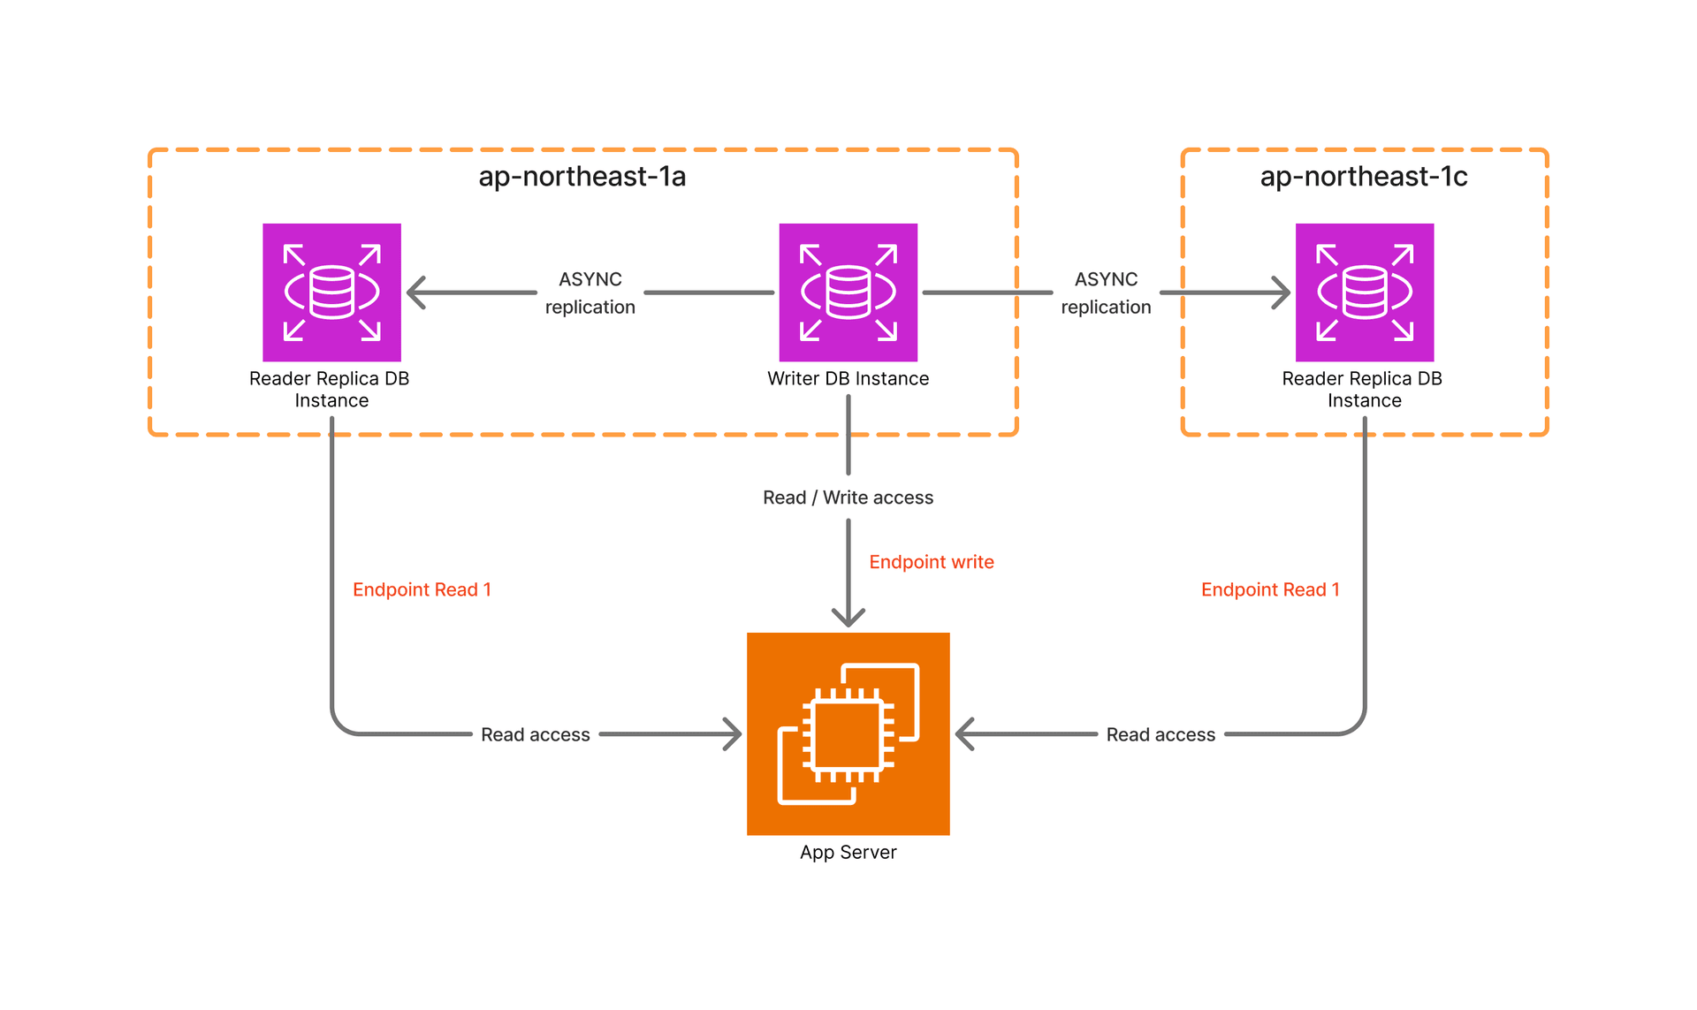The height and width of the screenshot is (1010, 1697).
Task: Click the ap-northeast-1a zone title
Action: click(x=582, y=177)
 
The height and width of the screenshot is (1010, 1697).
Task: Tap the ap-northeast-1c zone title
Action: click(x=1363, y=177)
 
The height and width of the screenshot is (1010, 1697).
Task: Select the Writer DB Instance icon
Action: click(x=848, y=292)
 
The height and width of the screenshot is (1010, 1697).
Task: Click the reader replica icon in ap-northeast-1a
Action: click(x=331, y=292)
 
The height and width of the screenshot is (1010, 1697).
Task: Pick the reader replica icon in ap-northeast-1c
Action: click(x=1364, y=292)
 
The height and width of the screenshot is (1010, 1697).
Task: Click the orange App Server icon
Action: click(x=848, y=733)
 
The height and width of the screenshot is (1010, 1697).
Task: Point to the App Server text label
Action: click(x=848, y=852)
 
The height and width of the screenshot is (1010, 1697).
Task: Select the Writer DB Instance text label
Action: click(x=848, y=378)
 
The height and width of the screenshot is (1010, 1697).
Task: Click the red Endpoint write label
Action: click(x=931, y=562)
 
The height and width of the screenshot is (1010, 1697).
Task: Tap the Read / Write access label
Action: click(x=848, y=497)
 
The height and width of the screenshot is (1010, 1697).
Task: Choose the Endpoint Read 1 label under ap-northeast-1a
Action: click(x=422, y=589)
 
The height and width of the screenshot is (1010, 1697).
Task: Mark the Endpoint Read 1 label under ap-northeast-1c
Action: click(x=1269, y=589)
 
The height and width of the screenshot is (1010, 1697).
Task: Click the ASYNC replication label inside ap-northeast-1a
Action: click(x=590, y=292)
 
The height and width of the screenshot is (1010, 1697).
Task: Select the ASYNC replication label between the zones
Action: click(x=1106, y=292)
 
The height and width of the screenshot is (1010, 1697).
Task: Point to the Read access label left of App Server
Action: click(x=535, y=734)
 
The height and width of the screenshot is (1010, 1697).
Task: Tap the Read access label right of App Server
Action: click(x=1161, y=734)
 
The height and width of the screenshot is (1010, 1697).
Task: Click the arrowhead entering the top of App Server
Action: click(x=848, y=617)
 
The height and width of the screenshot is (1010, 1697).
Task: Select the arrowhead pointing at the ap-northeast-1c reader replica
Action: click(x=1281, y=292)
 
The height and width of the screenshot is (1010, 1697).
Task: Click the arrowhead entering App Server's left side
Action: click(x=732, y=734)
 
